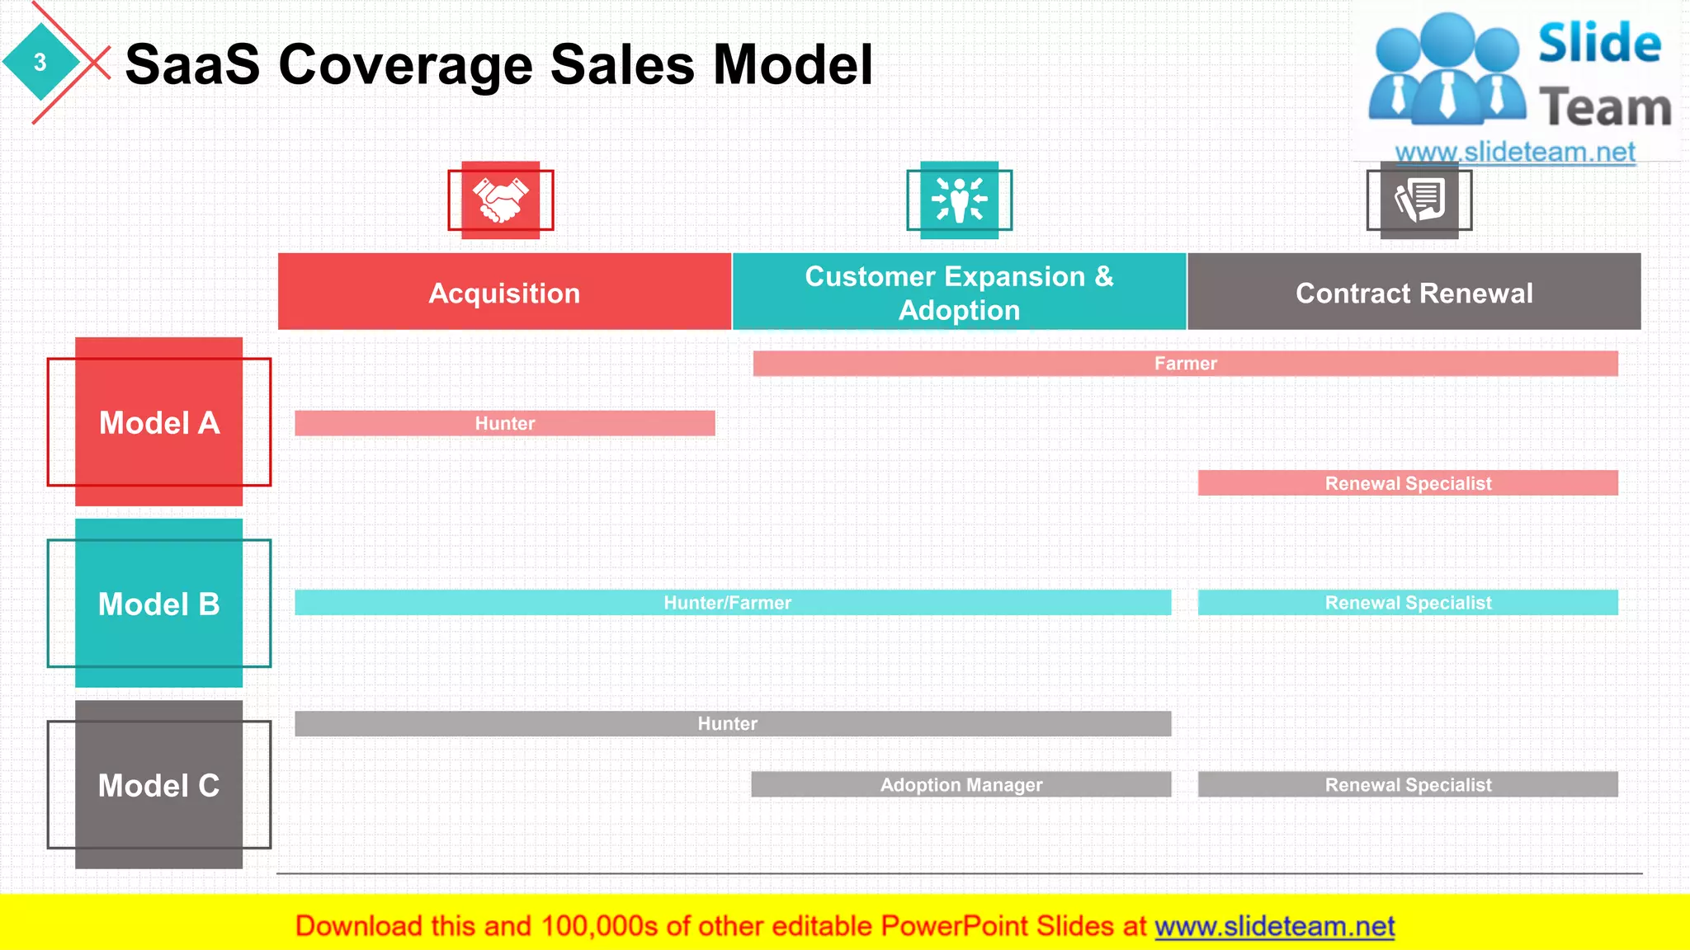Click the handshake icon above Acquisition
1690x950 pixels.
(500, 200)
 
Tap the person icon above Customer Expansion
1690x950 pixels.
(959, 200)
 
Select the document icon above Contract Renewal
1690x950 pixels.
(1419, 200)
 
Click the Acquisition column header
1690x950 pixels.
(504, 292)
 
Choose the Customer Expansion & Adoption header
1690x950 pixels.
(959, 292)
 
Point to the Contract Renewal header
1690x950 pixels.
(1414, 292)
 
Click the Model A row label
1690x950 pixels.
(159, 422)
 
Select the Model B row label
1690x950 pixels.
(159, 604)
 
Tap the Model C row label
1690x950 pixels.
(159, 785)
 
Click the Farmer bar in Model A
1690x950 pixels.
(1185, 364)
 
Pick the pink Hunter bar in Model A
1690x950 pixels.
(504, 423)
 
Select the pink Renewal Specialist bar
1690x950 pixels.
(1408, 483)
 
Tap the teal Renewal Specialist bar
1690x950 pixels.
(1408, 603)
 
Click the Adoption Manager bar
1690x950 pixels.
(961, 784)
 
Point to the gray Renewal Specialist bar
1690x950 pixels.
(1408, 784)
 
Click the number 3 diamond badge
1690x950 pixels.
(40, 62)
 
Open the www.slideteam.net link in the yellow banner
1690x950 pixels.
(1274, 926)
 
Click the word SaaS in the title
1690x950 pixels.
(192, 64)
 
